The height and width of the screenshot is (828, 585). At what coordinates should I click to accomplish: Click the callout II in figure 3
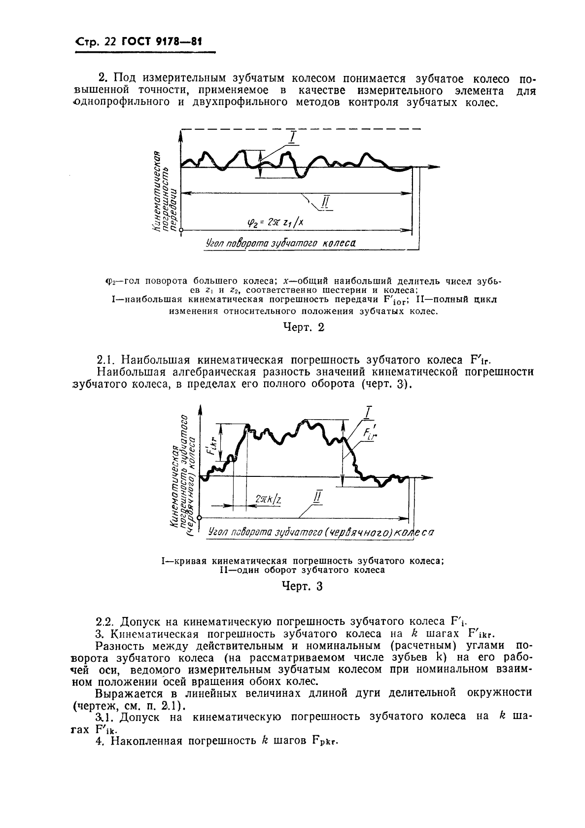coord(317,497)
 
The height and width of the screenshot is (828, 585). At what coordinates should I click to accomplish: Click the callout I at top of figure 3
coord(369,411)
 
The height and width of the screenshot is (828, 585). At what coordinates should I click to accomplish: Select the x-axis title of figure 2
coord(279,244)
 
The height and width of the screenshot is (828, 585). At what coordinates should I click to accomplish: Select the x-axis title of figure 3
coord(320,533)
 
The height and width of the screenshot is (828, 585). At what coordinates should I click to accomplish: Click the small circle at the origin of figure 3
coord(200,518)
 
